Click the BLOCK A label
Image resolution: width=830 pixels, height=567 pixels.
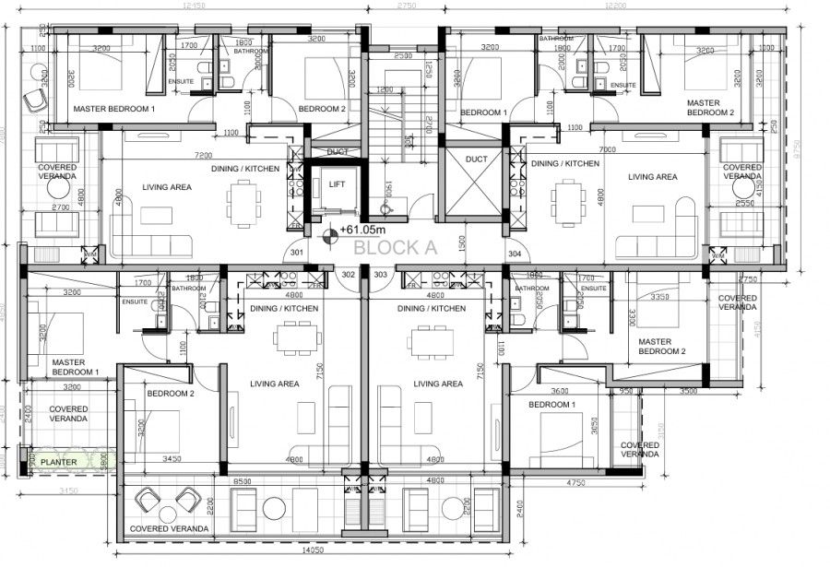coord(395,247)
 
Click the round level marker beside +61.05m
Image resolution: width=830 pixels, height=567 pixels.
coord(326,230)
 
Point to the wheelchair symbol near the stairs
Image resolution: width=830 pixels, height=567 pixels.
coord(389,209)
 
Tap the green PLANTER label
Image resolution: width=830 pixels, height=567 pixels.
coord(58,462)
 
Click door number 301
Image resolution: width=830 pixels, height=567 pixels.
coord(297,252)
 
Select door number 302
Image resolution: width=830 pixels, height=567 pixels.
coord(349,274)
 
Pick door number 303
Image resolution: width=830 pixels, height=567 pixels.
coord(380,274)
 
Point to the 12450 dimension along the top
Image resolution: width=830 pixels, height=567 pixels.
coord(194,6)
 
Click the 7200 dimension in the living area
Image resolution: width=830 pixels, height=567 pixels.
coord(203,156)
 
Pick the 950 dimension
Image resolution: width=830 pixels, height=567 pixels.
coord(626,391)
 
